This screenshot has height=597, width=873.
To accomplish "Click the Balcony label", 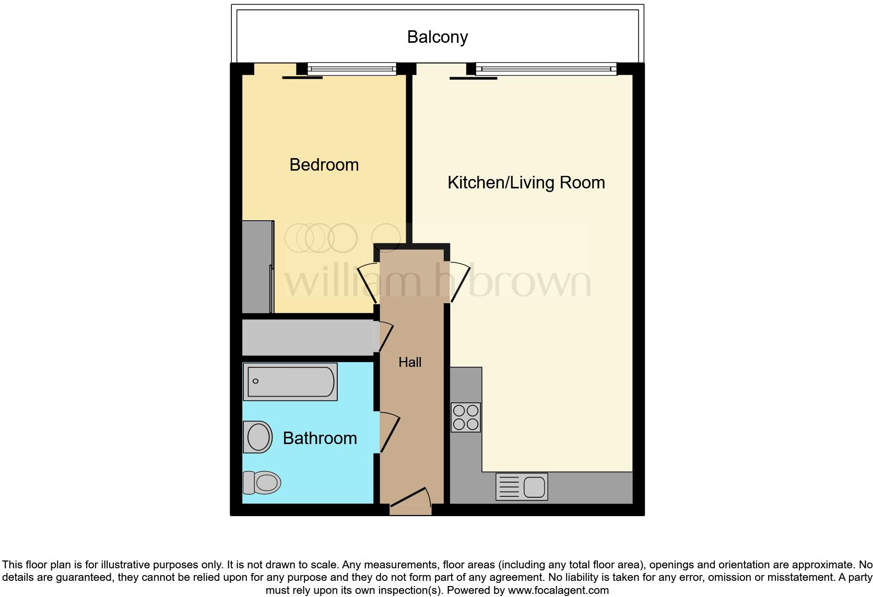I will point(437,37).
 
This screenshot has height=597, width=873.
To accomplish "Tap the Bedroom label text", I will point(324,165).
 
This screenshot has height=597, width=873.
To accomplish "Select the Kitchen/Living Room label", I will point(526,183).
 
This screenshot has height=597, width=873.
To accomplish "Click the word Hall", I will point(410,362).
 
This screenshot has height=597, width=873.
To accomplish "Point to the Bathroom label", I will point(320,438).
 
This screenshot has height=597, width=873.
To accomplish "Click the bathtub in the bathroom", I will point(291,381).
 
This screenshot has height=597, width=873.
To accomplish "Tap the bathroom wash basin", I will point(258,437).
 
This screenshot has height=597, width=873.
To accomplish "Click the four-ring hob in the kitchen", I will point(466,417).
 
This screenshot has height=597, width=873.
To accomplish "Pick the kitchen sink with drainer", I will point(521,487).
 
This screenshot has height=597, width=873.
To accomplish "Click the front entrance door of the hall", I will point(411,498).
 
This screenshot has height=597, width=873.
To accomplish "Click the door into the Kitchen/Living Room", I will point(459,282).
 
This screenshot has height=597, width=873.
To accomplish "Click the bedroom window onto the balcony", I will point(351,68).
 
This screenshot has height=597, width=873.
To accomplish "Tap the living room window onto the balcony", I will point(546,68).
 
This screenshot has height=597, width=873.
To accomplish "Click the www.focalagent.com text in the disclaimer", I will point(558,591).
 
